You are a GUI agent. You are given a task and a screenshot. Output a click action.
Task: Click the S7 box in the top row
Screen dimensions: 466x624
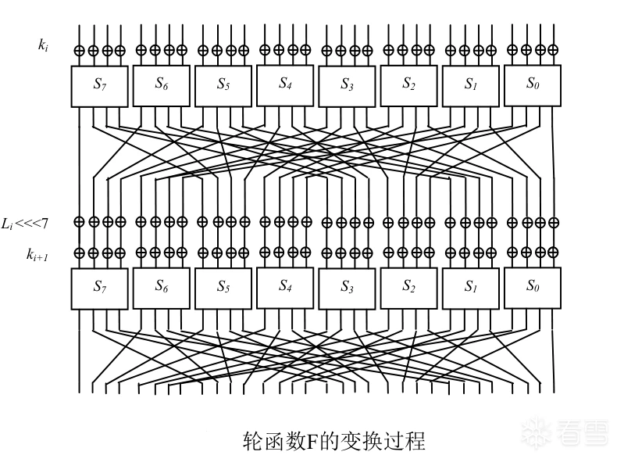[99, 85]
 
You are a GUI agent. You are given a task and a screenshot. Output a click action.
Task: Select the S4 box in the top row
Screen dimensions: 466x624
[285, 84]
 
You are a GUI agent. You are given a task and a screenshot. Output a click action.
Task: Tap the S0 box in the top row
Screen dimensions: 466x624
[533, 84]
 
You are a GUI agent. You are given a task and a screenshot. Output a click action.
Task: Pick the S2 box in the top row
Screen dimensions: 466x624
[408, 84]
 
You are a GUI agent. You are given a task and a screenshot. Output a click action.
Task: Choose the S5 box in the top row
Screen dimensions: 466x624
[223, 85]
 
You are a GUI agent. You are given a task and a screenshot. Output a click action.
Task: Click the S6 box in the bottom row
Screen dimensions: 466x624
[162, 288]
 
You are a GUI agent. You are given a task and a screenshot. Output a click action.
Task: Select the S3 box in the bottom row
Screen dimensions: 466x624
[347, 289]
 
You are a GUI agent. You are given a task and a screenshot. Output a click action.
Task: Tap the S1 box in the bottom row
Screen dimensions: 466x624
[470, 289]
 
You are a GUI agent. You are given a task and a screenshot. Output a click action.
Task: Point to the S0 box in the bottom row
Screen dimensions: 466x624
[533, 288]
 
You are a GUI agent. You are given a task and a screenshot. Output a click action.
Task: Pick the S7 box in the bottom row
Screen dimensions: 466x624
[99, 289]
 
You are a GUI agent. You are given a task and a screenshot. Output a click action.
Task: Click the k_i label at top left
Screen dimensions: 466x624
[44, 45]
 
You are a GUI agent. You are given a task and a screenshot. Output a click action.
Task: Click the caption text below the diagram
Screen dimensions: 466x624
[335, 442]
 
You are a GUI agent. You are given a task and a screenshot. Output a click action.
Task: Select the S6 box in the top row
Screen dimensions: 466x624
[162, 84]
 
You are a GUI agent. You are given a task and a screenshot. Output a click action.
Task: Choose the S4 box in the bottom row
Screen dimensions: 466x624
[285, 288]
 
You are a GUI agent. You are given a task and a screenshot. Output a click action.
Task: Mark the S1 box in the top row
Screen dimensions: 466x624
[470, 85]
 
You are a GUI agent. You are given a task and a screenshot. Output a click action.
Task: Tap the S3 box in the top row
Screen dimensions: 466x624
[347, 85]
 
